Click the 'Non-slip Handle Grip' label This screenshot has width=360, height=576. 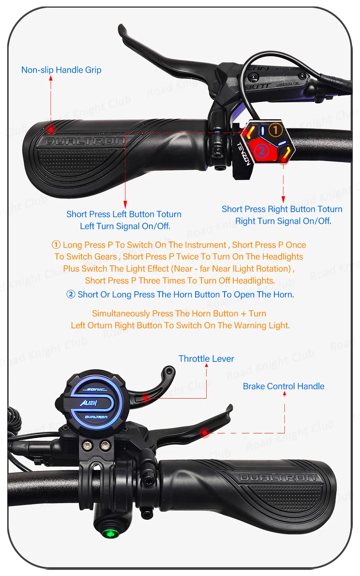(61, 70)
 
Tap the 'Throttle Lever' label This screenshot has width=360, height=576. (206, 359)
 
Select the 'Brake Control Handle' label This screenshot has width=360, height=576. (284, 386)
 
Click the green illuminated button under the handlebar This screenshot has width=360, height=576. (111, 533)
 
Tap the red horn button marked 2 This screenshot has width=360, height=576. (262, 150)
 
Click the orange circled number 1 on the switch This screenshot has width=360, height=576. (275, 130)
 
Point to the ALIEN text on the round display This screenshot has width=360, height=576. (89, 403)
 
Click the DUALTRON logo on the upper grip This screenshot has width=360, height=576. (85, 141)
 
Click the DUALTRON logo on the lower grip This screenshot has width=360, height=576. (278, 478)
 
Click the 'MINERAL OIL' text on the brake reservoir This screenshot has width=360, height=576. (288, 84)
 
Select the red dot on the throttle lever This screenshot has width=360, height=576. (146, 398)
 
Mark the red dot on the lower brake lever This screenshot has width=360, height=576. (205, 433)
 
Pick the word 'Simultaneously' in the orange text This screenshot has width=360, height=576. (121, 314)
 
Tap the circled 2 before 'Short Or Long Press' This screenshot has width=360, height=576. (71, 294)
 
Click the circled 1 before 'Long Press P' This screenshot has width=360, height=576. (56, 244)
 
